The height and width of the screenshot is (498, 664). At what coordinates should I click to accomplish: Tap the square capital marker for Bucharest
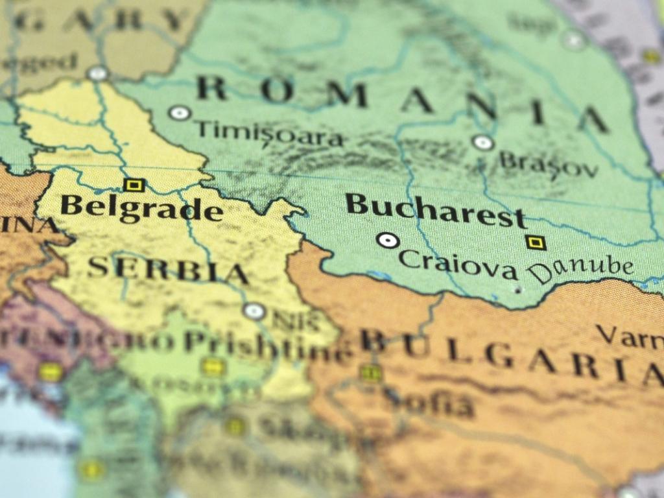[x=535, y=243]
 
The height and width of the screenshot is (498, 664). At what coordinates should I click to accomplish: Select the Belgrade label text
[x=141, y=208]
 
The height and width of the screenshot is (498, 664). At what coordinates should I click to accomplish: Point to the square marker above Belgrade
[x=134, y=185]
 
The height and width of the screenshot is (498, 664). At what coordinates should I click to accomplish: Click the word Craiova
[x=458, y=263]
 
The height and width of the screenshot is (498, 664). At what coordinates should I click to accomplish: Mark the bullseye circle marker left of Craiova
[x=387, y=241]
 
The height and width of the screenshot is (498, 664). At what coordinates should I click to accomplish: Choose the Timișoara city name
[x=269, y=134]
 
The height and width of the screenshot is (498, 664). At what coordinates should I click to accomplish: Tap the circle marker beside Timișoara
[x=179, y=113]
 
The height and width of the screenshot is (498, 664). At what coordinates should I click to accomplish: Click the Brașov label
[x=549, y=165]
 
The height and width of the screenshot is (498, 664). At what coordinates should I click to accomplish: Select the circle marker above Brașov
[x=482, y=143]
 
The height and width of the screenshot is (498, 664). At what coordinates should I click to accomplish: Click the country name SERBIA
[x=168, y=269]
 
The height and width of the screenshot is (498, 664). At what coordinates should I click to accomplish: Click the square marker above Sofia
[x=370, y=372]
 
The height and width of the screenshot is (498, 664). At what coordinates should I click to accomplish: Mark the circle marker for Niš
[x=254, y=311]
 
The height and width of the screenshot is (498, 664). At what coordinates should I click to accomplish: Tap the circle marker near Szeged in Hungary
[x=97, y=73]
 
